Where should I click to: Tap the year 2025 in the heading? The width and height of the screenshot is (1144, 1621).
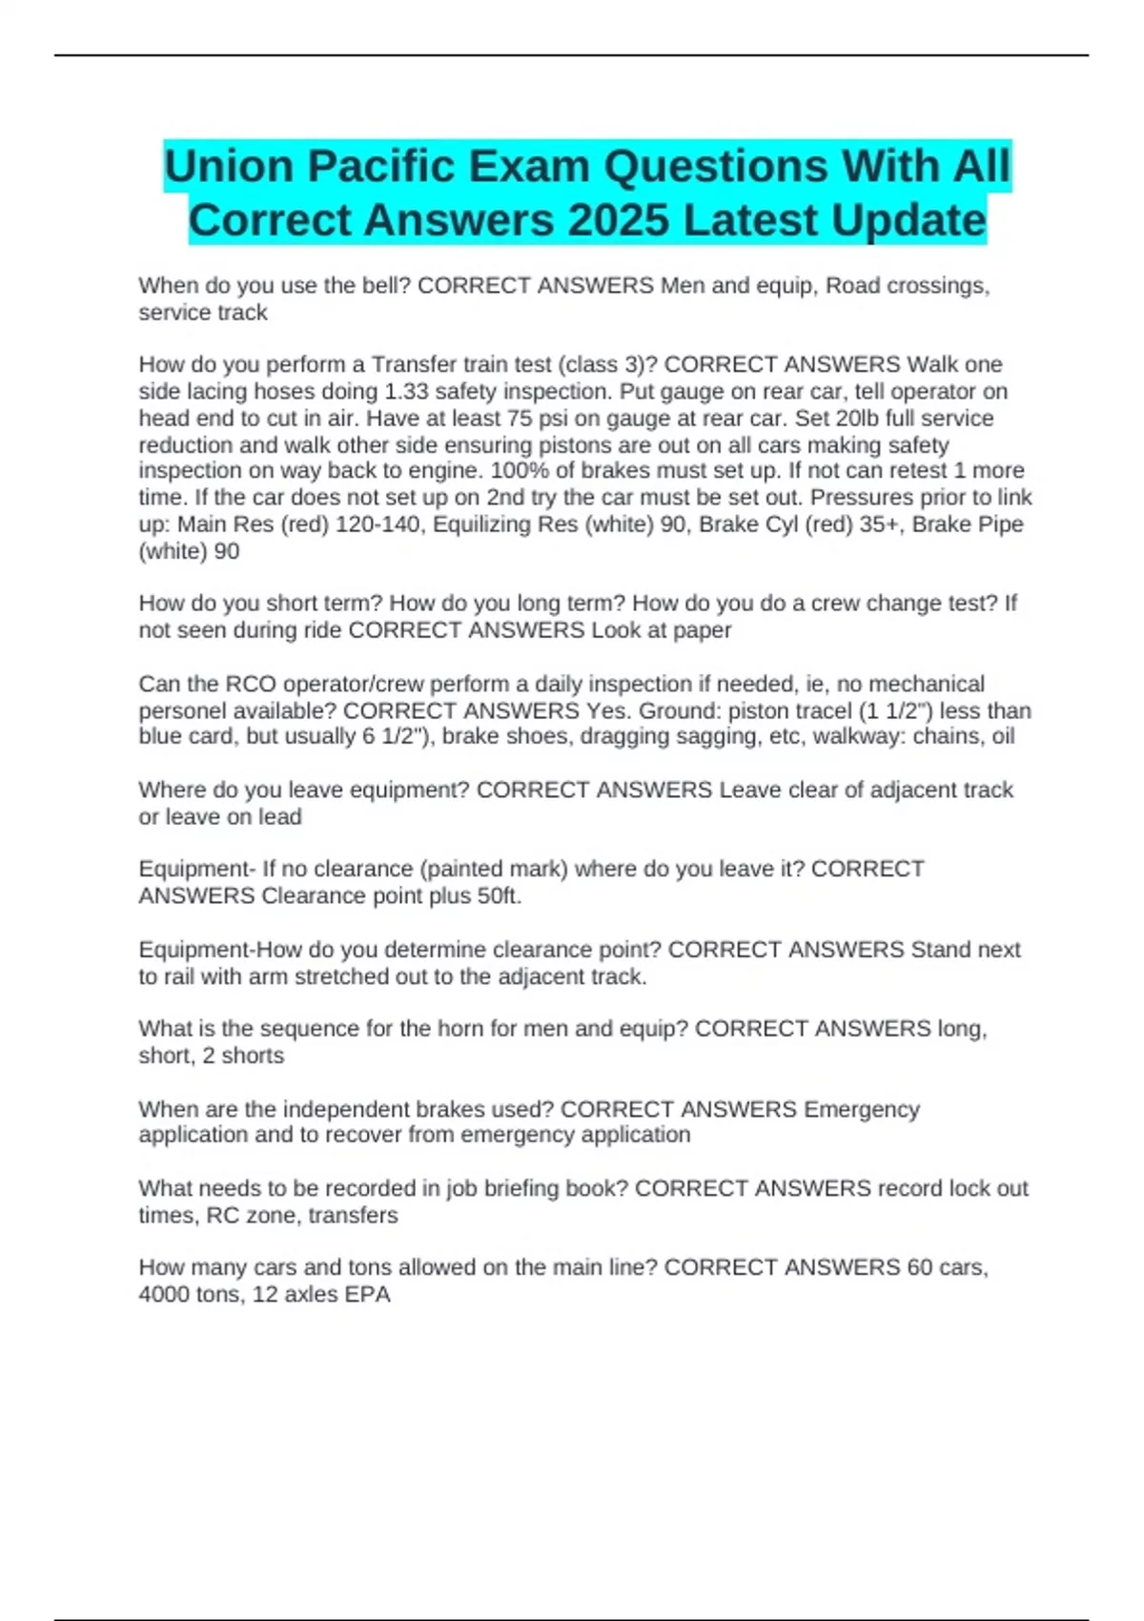click(x=618, y=220)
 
